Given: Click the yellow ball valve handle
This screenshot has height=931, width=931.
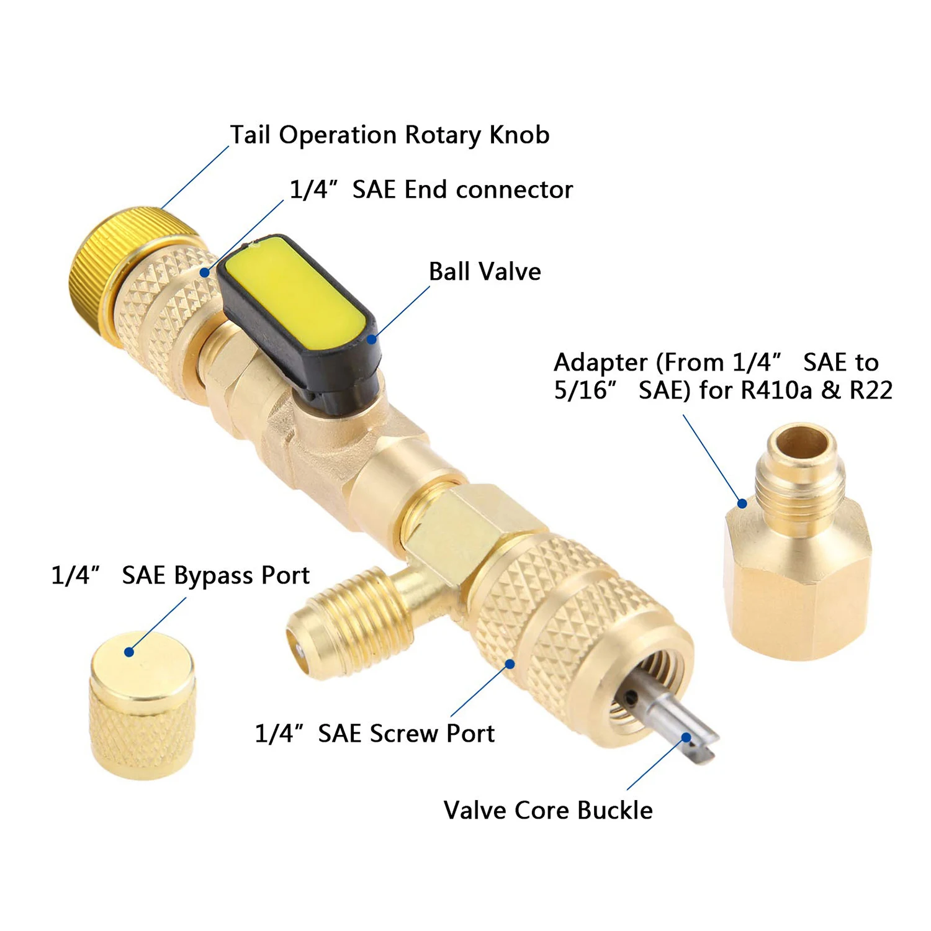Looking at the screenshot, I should (295, 298).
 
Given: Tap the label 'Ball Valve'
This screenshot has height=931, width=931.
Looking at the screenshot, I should (485, 272).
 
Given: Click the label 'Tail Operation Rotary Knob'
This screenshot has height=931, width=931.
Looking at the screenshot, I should (390, 135).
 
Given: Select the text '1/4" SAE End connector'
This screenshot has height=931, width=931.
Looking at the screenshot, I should (431, 190).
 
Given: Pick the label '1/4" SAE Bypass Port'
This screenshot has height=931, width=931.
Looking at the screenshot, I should (180, 575).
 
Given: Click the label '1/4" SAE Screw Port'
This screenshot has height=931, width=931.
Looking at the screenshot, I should (375, 734).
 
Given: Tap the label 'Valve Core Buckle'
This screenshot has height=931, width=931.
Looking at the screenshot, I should (548, 811).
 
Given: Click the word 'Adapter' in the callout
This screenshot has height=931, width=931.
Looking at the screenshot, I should (600, 362).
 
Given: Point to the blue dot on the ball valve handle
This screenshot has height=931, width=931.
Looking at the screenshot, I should (372, 339).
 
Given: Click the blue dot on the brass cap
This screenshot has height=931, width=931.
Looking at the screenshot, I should (129, 652).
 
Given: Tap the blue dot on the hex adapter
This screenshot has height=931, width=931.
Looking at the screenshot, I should (742, 503).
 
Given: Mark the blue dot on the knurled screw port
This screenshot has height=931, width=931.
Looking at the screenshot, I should (510, 664).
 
